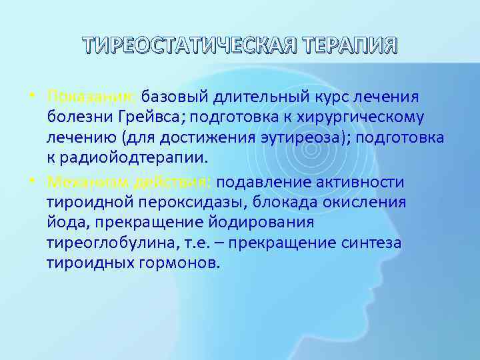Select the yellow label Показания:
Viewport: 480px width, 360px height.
(x=91, y=99)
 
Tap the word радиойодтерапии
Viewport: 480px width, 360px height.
(x=145, y=159)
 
